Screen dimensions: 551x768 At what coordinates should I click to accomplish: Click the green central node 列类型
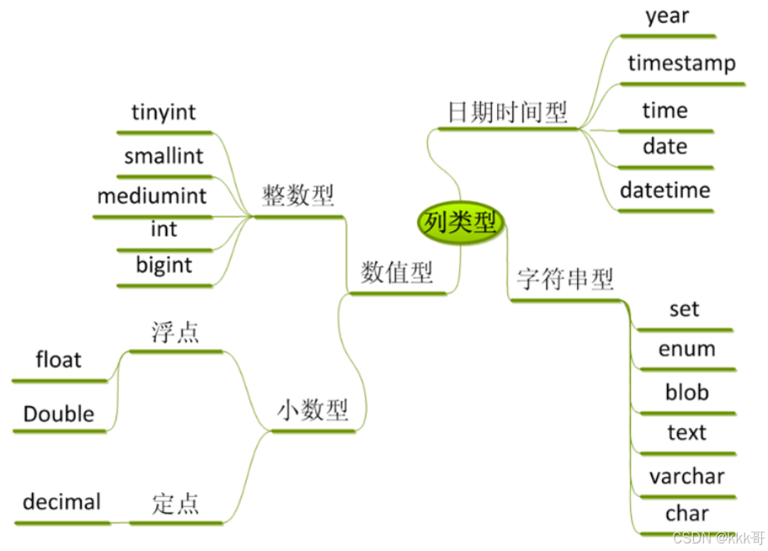(460, 223)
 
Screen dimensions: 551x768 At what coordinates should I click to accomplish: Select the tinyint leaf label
(164, 112)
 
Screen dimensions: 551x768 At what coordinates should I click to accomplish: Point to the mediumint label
(151, 196)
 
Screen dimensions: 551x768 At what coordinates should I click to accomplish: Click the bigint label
(164, 265)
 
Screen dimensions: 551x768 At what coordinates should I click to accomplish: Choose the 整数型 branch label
(298, 196)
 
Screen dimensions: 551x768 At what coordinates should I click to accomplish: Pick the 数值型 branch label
(397, 272)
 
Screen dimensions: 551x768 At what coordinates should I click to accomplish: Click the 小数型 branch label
(313, 411)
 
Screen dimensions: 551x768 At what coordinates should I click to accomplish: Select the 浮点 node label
(176, 331)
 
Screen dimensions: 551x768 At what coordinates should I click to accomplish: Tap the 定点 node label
(176, 503)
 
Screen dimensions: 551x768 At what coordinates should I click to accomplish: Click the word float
(59, 360)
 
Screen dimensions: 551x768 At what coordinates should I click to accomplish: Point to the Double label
(59, 414)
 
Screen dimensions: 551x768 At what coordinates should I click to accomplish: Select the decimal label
(61, 502)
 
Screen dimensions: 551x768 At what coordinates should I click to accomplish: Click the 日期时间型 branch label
(507, 112)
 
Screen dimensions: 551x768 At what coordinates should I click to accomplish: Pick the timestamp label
(681, 63)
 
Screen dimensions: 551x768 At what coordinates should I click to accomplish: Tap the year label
(667, 15)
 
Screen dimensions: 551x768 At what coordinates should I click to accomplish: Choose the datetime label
(665, 190)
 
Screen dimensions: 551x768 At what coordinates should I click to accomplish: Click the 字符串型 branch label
(565, 279)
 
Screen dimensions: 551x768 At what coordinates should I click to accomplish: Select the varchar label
(686, 476)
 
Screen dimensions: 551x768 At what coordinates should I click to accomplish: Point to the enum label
(687, 349)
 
